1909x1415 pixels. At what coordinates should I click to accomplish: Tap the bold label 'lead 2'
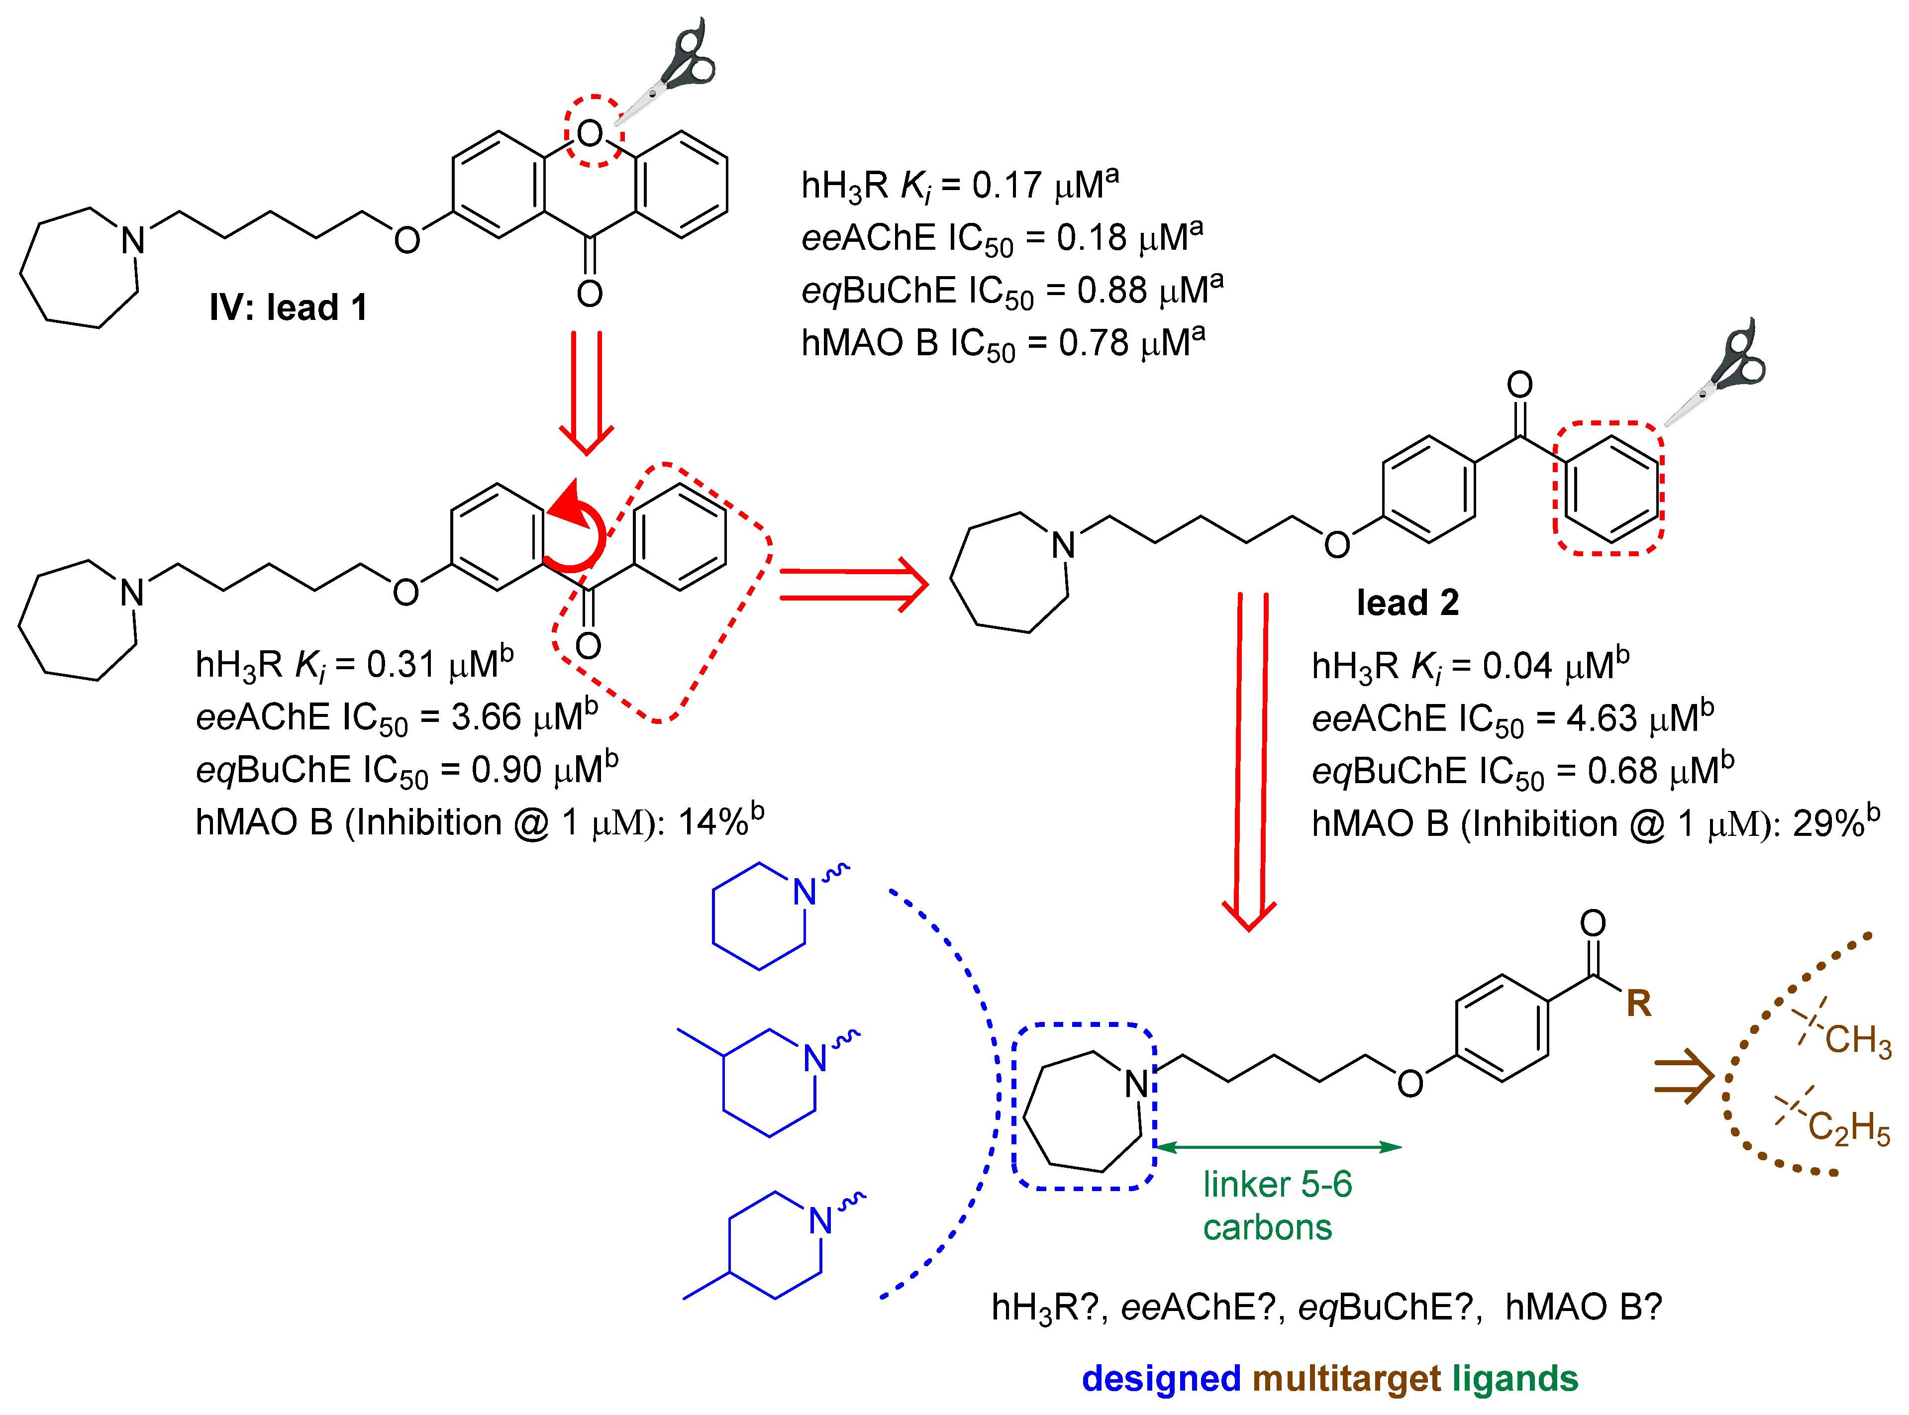(1407, 603)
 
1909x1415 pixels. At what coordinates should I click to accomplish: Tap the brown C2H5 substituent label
(1848, 1128)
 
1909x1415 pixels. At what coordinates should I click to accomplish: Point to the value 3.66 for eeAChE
(486, 718)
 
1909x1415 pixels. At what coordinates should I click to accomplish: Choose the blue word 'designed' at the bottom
(1160, 1379)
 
